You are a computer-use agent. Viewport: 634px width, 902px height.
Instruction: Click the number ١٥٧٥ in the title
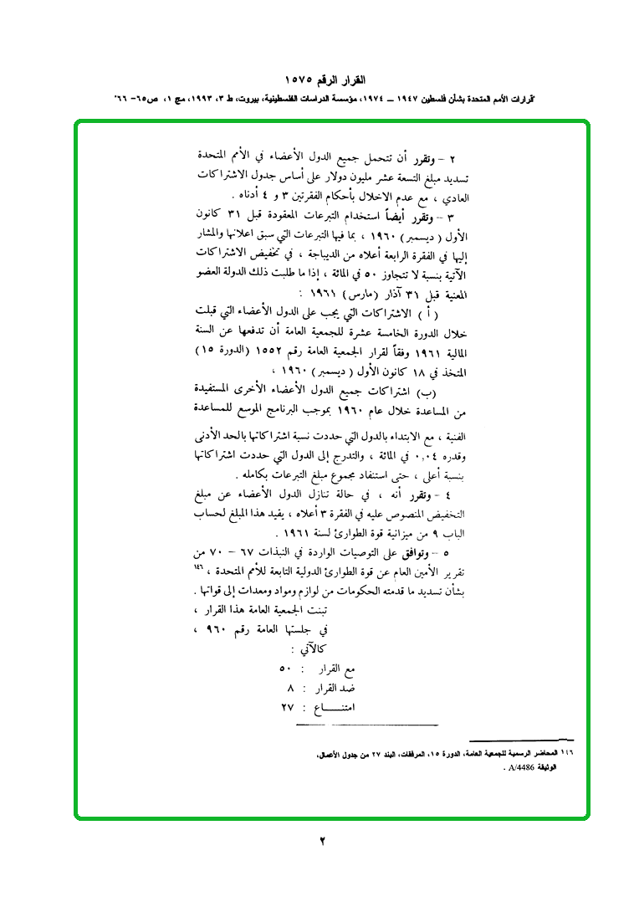coord(297,80)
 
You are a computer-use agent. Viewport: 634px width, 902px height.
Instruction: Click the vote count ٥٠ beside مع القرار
coord(284,670)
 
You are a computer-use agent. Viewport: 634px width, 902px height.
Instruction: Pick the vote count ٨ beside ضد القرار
coord(290,689)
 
